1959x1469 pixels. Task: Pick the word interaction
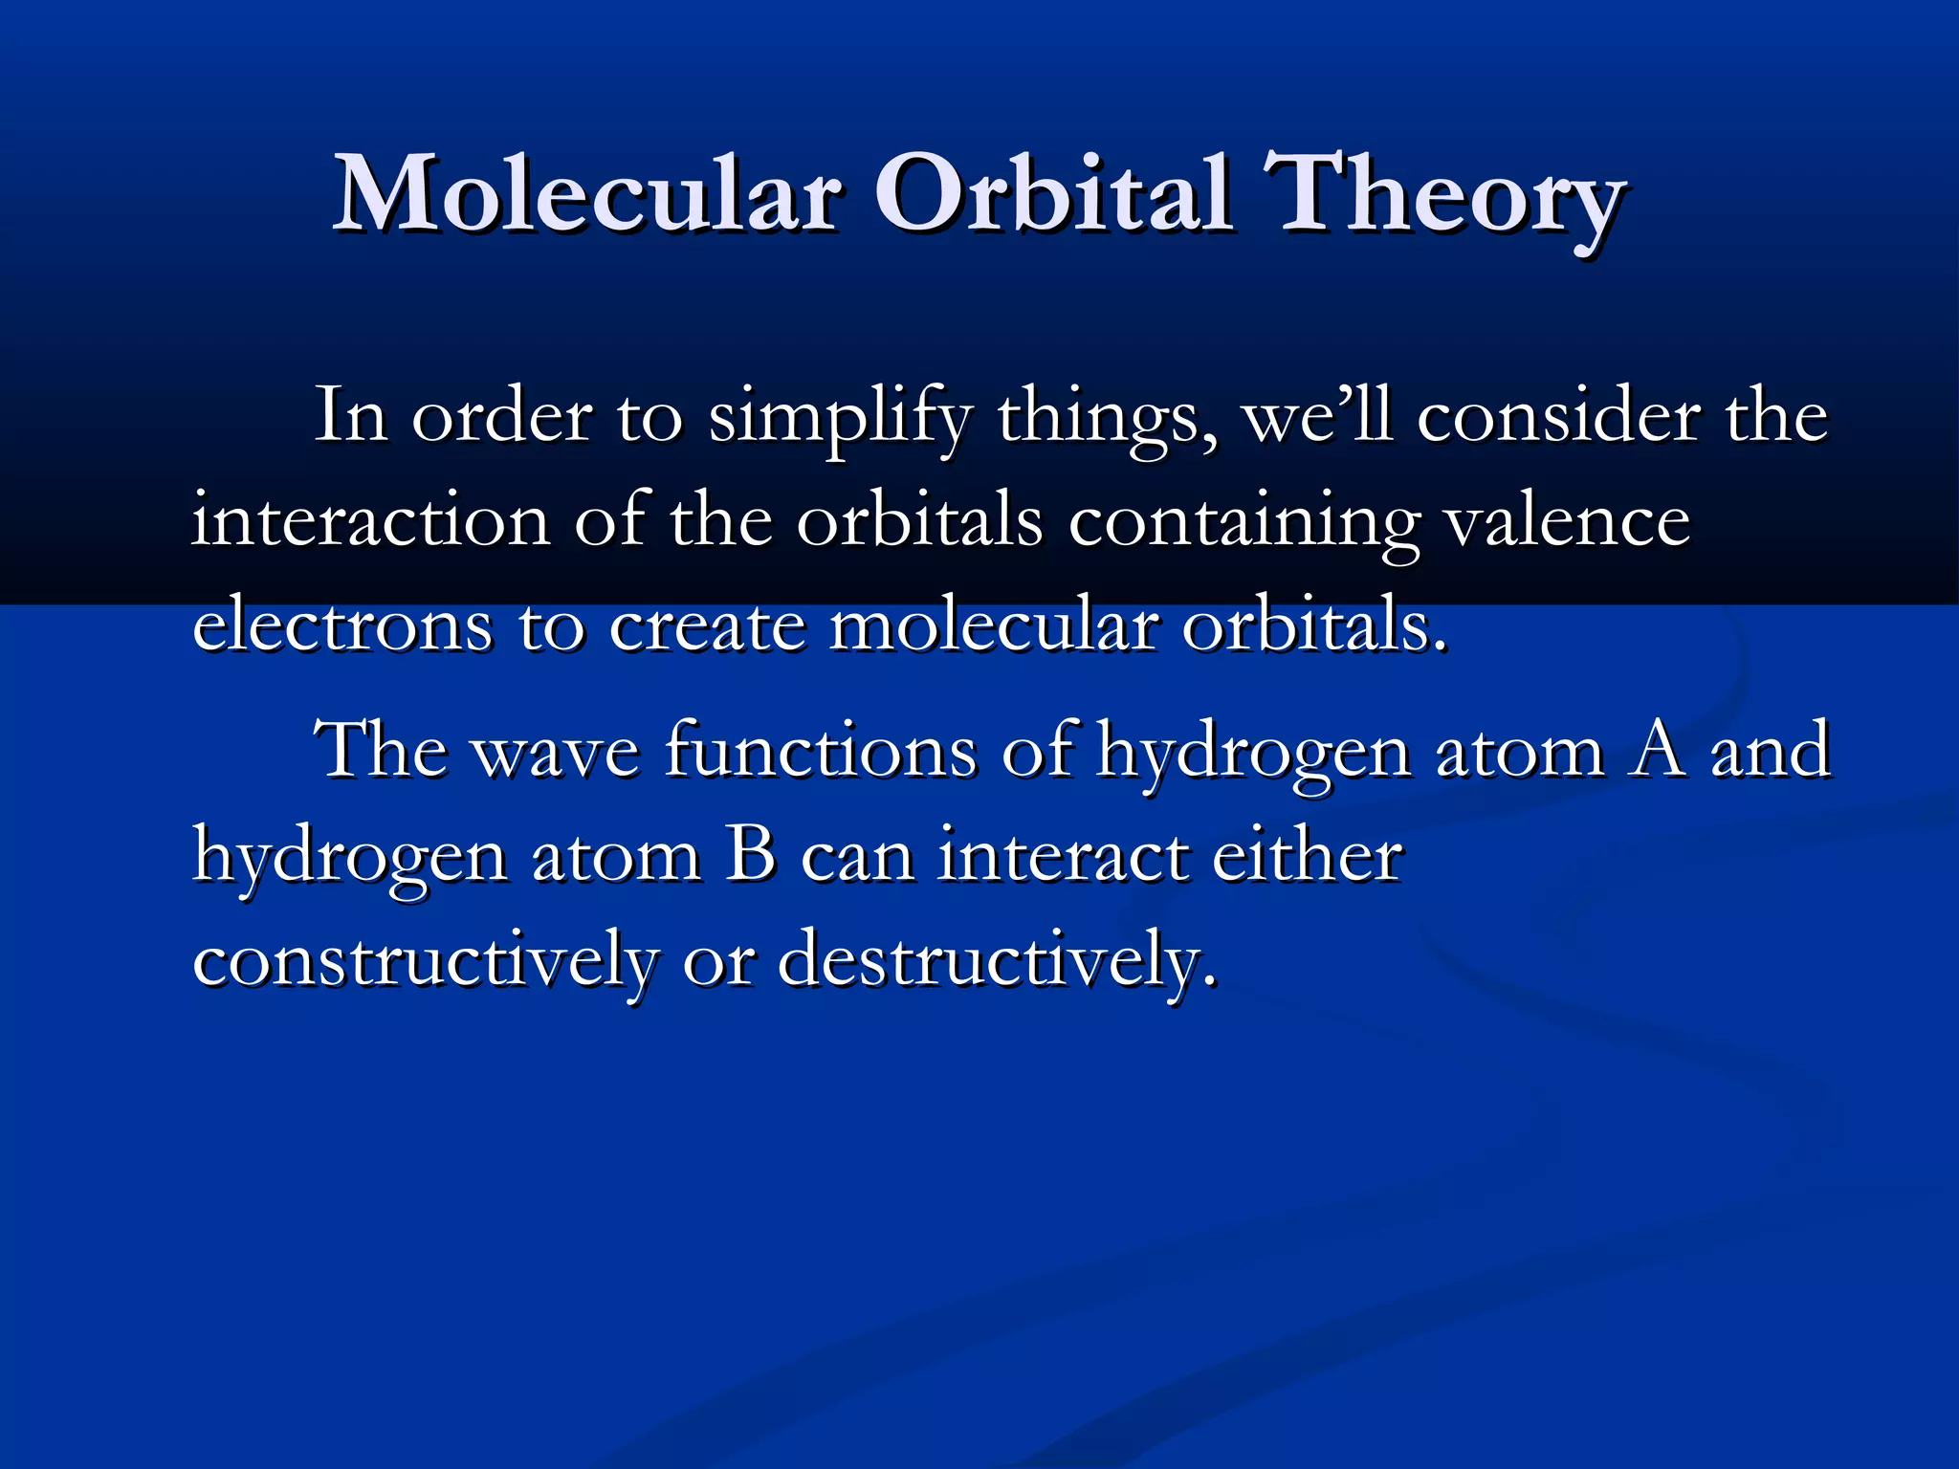(371, 522)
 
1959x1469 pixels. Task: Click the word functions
(821, 751)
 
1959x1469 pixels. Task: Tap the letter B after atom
(750, 855)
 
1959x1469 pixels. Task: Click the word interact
(1062, 855)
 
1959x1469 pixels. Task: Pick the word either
(1308, 855)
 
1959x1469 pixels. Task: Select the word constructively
(425, 960)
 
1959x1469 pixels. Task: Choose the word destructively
(997, 960)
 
